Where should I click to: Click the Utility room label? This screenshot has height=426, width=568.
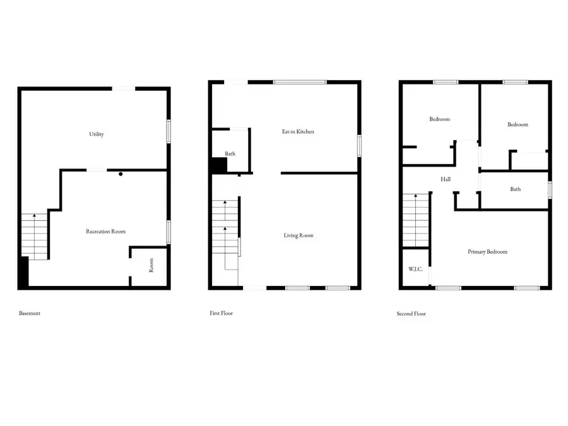97,134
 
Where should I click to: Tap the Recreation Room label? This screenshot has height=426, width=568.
105,232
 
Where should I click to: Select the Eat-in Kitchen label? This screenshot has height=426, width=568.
298,132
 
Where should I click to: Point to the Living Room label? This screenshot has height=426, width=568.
299,235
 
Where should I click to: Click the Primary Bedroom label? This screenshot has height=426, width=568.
487,252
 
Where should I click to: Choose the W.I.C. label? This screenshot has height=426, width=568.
415,269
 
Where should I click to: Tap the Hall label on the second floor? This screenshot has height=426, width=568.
446,179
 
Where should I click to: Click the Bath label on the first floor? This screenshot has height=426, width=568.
230,153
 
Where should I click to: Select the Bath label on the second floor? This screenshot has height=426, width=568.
516,189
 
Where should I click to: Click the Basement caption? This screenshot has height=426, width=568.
30,313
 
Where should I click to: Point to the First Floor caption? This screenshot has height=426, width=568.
222,313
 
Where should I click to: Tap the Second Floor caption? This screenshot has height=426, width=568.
411,314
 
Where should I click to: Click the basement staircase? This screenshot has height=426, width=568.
35,236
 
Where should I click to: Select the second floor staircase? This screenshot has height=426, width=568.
415,220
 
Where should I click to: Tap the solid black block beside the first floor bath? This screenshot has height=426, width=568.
218,165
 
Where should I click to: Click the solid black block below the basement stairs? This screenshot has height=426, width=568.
23,273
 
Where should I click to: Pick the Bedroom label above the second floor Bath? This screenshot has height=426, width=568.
518,124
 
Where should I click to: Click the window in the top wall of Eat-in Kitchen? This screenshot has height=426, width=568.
300,82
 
